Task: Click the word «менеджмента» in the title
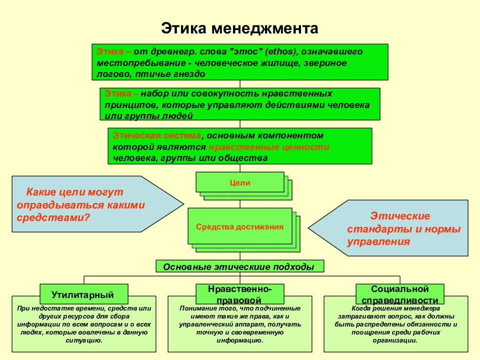(265, 28)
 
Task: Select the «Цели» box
(240, 182)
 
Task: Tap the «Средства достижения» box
(239, 226)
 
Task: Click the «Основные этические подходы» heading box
(239, 266)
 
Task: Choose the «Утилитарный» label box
(84, 294)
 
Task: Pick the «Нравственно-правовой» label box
(240, 294)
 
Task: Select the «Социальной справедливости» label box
(400, 294)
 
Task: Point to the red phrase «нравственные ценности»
(269, 147)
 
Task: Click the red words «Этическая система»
(157, 135)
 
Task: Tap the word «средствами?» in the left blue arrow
(53, 217)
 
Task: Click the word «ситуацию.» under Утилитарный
(84, 340)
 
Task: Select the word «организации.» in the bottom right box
(395, 340)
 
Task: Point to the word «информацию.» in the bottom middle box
(240, 340)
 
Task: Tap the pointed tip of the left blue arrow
(183, 204)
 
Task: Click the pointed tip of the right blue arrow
(308, 228)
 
